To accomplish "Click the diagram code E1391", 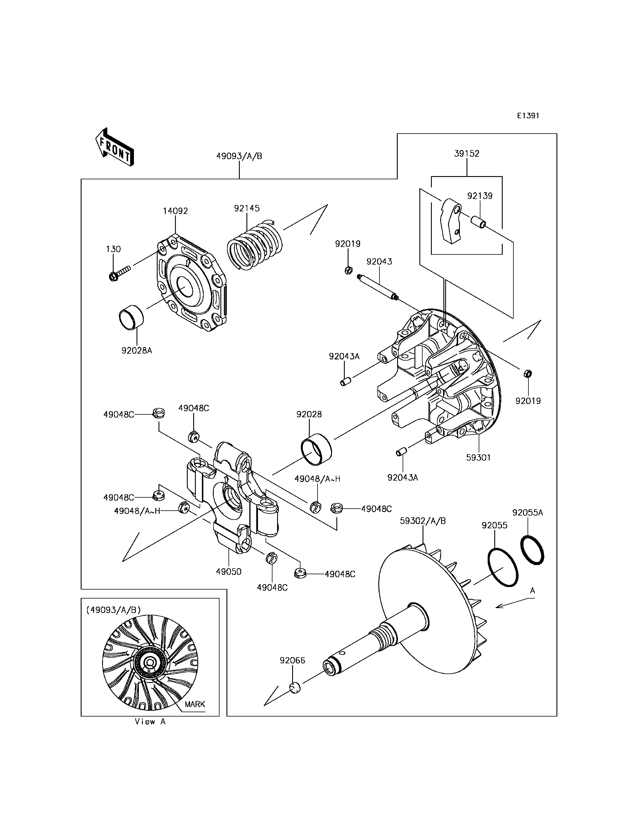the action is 528,115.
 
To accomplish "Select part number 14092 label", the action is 176,211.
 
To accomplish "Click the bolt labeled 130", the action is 119,273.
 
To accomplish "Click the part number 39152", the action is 467,154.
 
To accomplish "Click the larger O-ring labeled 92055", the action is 503,567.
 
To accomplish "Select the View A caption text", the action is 150,721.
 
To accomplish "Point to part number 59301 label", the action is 478,458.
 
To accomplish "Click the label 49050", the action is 229,571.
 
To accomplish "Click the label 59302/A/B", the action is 423,521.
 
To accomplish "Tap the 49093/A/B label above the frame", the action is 239,156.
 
